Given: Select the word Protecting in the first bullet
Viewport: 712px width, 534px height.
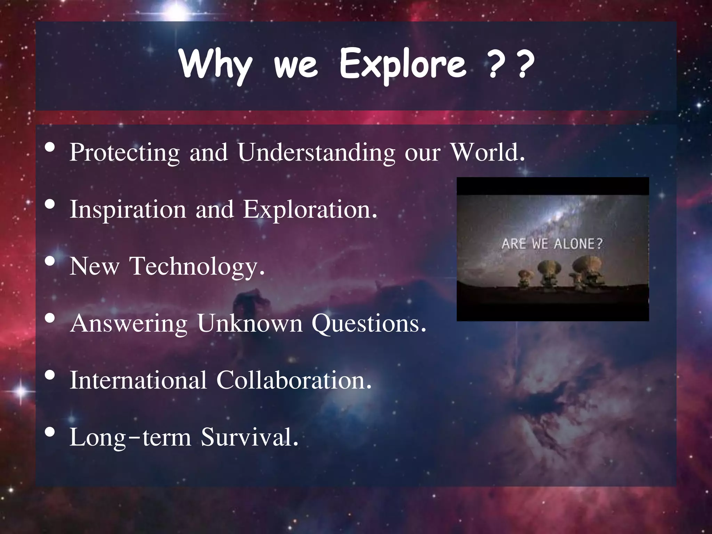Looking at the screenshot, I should tap(124, 153).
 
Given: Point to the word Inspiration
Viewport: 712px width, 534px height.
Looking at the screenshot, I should tap(128, 210).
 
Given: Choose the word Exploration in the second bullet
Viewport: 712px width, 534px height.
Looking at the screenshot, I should tap(310, 210).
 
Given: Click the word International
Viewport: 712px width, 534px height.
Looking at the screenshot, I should tap(138, 380).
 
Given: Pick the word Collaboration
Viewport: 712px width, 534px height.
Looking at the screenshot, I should tap(294, 380).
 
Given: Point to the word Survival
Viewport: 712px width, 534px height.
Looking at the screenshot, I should tap(249, 437).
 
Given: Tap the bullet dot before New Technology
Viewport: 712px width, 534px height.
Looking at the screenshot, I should tap(50, 261).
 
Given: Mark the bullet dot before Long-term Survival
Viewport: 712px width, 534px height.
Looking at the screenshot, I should tap(50, 432).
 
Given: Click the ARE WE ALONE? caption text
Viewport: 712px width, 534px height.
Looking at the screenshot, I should tap(552, 244).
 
